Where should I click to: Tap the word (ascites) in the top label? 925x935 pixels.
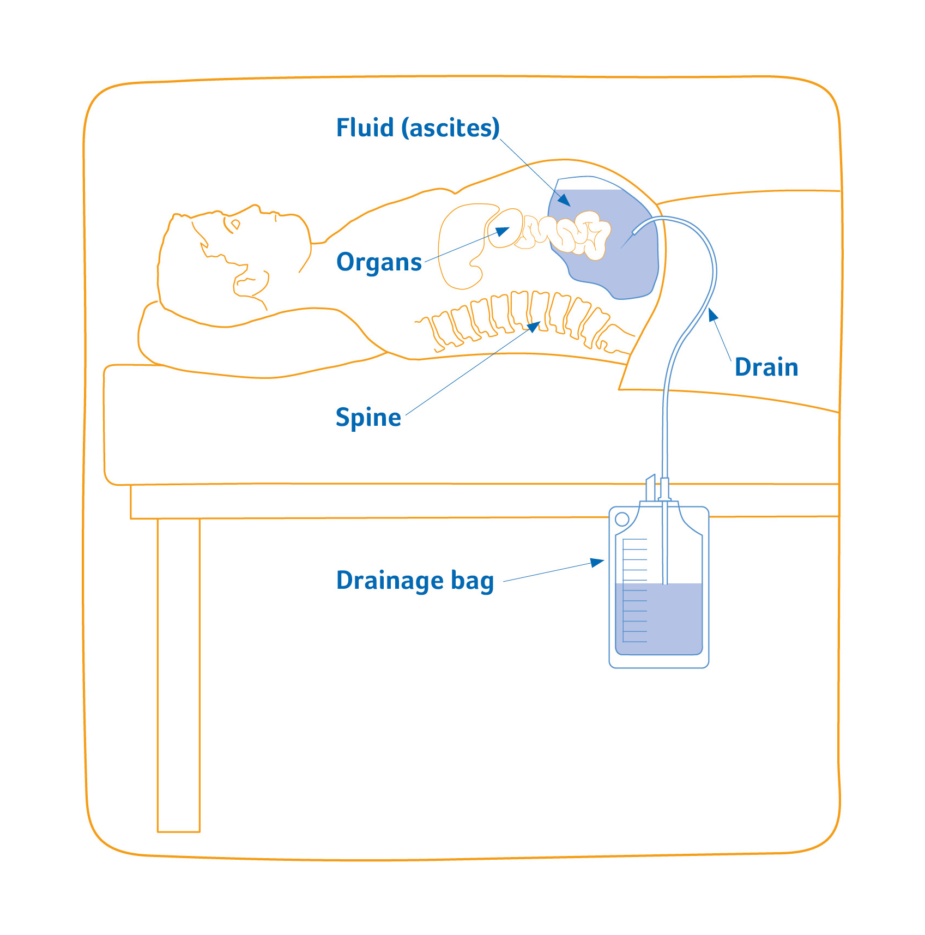coord(451,129)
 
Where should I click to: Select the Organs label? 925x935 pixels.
coord(379,262)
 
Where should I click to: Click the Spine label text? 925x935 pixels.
coord(368,418)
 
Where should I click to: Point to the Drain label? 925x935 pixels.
coord(766,367)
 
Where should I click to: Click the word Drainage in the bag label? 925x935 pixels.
coord(390,581)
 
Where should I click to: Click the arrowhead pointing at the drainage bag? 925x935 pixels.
coord(597,563)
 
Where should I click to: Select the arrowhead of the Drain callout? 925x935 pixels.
coord(712,315)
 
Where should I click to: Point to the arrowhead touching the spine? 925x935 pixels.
coord(534,327)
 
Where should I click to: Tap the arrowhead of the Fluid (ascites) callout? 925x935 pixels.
coord(565,201)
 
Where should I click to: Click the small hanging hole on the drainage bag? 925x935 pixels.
coord(622,518)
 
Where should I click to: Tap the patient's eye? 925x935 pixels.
coord(235,224)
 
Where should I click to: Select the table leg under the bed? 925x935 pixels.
coord(179,675)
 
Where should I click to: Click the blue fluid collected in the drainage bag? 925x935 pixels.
coord(658,619)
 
